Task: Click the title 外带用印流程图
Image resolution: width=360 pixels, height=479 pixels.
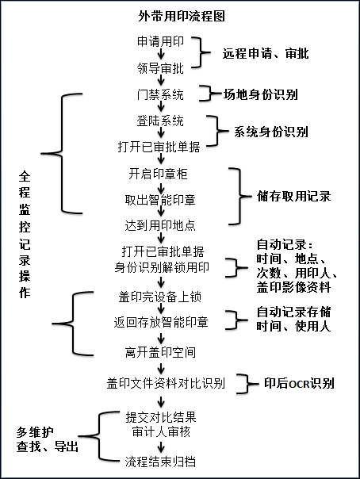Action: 182,16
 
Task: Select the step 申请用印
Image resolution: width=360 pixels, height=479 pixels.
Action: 161,41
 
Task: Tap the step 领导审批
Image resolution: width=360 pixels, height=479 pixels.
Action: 161,68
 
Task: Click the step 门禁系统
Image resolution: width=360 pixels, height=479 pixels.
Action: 161,94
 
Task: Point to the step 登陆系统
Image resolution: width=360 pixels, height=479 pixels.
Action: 161,121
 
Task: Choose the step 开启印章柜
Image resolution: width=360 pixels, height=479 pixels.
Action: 158,174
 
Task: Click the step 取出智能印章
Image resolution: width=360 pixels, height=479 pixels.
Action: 160,200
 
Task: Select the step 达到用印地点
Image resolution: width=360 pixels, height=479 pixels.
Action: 160,225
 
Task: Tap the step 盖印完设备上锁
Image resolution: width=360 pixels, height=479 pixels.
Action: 160,297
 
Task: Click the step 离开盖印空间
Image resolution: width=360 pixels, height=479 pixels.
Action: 160,352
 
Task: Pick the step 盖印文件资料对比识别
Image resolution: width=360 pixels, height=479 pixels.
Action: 166,383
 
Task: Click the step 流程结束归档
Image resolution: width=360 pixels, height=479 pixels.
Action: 160,462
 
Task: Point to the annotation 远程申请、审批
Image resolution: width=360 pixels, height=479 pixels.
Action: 266,53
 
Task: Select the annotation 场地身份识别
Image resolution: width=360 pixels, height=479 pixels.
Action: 260,94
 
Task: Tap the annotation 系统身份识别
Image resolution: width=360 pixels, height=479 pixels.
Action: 271,132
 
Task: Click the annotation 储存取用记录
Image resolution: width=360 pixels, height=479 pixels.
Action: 294,196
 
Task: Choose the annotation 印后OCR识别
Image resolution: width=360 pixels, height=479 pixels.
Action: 299,383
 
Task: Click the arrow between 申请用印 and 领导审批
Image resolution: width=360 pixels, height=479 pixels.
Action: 161,55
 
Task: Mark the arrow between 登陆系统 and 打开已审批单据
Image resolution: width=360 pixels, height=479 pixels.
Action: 161,133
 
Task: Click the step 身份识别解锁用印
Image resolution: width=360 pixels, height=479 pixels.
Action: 162,267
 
